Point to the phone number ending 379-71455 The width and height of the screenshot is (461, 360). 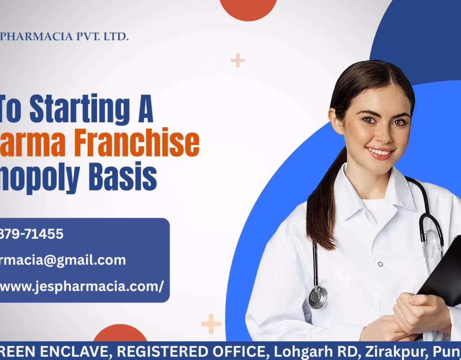32,234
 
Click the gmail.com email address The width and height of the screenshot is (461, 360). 62,260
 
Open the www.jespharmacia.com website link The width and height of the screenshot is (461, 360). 82,287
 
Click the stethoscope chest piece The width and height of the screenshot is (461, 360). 318,297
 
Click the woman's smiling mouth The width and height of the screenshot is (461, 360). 380,153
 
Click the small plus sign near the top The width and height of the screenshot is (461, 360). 238,60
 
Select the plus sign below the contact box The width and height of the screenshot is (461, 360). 210,324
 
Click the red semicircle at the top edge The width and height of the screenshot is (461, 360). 248,9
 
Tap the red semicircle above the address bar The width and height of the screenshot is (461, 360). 120,334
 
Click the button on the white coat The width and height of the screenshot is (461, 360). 380,264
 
